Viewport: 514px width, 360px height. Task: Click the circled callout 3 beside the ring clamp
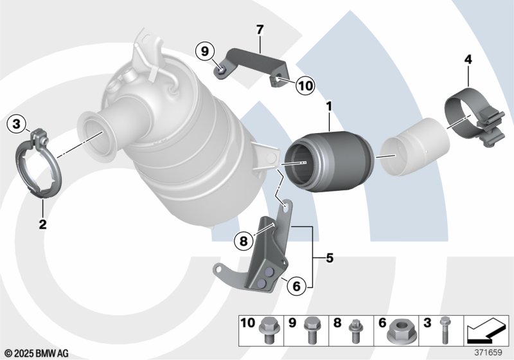17,124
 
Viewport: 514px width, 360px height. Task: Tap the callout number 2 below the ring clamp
42,224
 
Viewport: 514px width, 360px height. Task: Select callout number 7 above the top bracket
260,30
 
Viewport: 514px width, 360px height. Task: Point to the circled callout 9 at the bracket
205,51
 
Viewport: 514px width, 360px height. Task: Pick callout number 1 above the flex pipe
329,107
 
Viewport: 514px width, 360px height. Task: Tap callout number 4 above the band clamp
468,60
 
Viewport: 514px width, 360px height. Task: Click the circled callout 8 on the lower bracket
244,241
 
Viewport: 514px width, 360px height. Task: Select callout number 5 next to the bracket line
330,258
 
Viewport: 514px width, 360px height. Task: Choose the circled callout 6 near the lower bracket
296,286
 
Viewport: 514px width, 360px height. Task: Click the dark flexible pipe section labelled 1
330,161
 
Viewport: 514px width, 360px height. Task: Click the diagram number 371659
488,352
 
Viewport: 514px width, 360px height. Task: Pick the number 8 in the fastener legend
337,323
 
